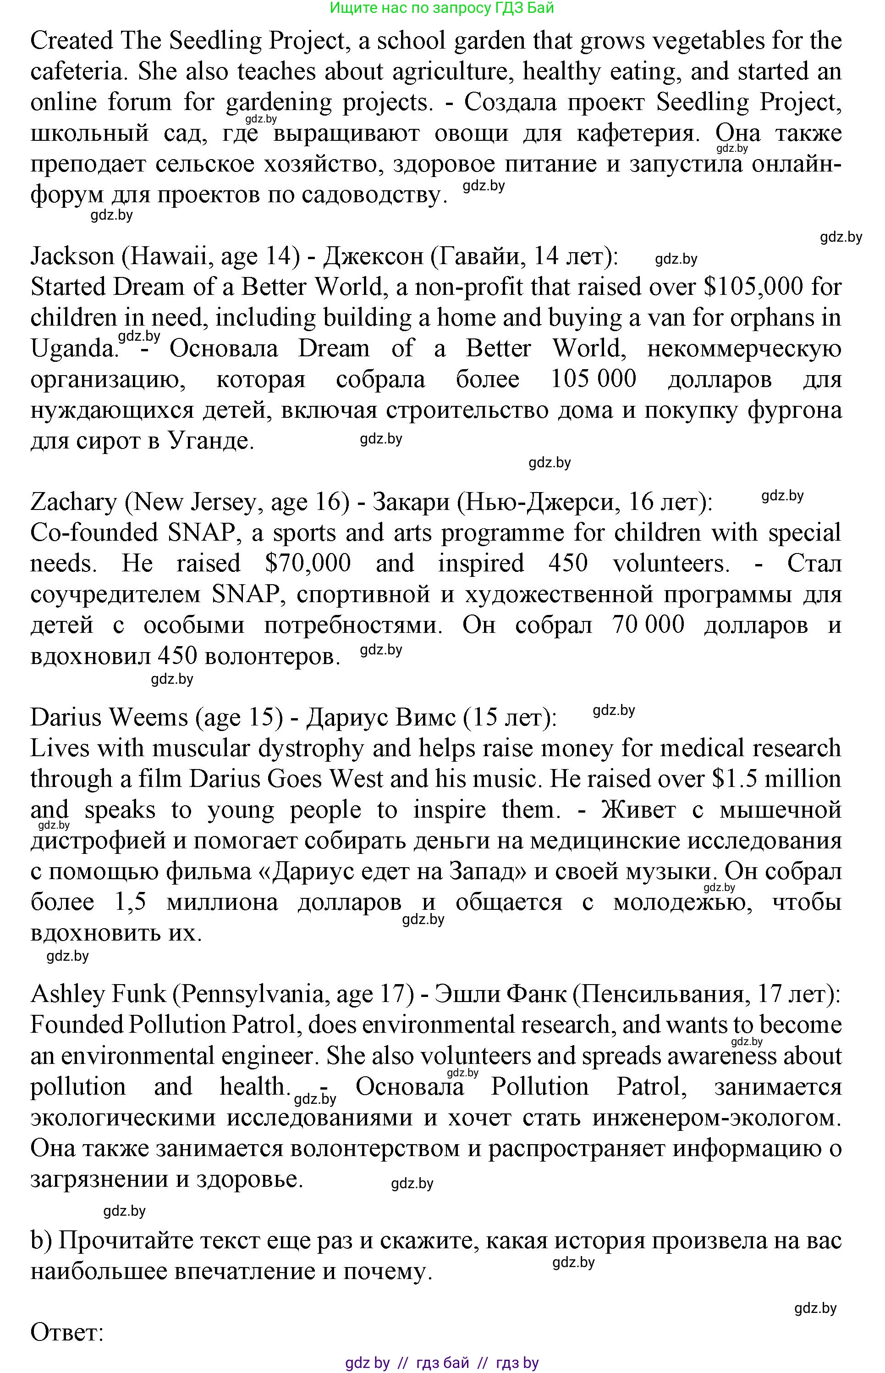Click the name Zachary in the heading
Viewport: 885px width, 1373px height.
pos(73,502)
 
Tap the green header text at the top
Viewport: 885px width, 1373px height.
pos(442,8)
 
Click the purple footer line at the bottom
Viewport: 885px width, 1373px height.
pos(442,1362)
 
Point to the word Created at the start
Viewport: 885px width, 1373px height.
pos(72,41)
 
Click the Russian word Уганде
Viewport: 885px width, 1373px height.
pos(210,441)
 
